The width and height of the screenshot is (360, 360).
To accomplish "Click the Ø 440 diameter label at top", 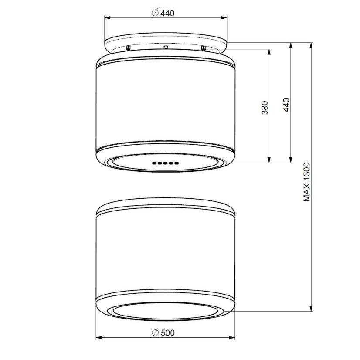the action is (163, 13).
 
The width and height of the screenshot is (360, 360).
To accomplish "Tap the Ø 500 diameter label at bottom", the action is (163, 333).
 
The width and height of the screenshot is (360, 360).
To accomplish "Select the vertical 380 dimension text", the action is (265, 108).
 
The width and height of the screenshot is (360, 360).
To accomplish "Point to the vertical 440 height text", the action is (286, 105).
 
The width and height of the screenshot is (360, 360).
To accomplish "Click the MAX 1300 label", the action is (307, 182).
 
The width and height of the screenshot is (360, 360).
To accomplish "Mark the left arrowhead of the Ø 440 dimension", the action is (108, 18).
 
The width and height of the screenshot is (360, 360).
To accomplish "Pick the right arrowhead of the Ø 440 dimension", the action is (224, 18).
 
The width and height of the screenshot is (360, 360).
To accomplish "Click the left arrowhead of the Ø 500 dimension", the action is (99, 337).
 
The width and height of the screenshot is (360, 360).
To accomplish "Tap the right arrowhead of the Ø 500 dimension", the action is (232, 337).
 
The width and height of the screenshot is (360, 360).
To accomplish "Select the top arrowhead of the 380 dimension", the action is (269, 52).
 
